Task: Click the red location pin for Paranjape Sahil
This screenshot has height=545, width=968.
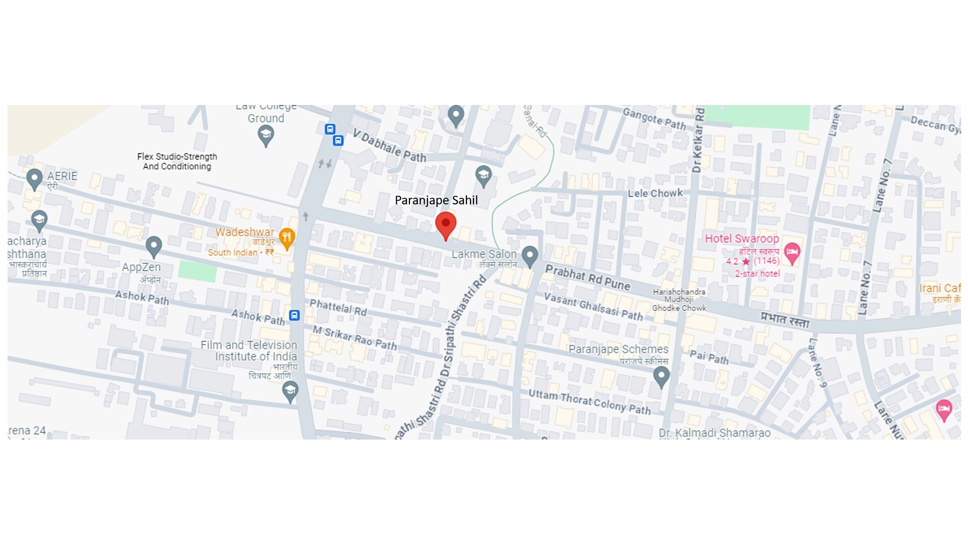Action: (446, 225)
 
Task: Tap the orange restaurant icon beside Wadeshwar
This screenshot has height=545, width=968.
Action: (286, 238)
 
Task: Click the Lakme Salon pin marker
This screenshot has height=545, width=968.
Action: (529, 255)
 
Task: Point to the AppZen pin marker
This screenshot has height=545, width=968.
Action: (153, 246)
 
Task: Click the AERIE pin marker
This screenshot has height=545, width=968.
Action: (34, 178)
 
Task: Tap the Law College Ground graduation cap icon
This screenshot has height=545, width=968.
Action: (266, 135)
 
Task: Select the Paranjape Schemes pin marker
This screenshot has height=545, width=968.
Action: (661, 376)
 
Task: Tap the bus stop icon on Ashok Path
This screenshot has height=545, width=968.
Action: (294, 315)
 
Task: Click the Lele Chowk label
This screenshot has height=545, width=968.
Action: (655, 193)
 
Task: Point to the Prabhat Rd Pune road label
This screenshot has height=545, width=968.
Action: (588, 278)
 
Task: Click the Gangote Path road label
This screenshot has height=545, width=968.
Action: (654, 119)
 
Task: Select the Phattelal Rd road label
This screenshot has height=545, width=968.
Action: (338, 307)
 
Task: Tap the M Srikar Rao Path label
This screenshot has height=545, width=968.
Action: (354, 338)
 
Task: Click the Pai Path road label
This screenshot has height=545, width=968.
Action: (709, 357)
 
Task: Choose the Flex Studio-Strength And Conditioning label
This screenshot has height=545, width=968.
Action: (177, 161)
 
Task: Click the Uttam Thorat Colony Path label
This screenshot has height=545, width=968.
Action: (589, 402)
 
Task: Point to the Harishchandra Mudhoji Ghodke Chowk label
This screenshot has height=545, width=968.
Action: (679, 300)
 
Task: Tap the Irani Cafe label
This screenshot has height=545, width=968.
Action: (939, 289)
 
